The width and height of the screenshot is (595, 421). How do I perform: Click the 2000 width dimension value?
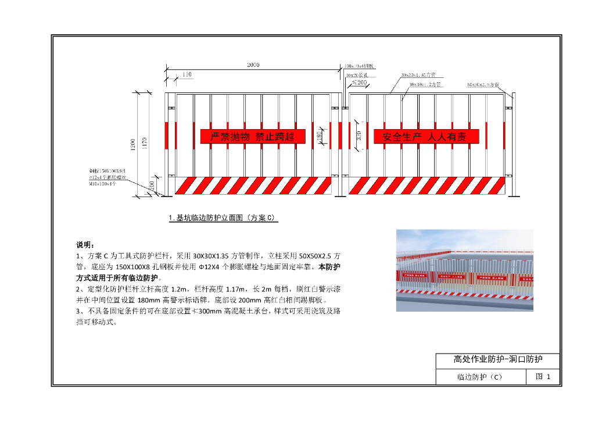point(253,65)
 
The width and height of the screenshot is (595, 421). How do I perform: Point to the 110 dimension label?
point(187,74)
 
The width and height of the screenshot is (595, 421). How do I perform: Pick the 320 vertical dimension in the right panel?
point(359,136)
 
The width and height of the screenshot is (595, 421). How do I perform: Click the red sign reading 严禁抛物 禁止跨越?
point(253,137)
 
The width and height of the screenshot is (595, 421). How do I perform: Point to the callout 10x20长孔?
point(360,75)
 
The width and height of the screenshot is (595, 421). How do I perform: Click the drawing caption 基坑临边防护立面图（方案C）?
point(223,218)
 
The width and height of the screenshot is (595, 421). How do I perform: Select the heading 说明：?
point(85,244)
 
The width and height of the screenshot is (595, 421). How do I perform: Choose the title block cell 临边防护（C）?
point(480,377)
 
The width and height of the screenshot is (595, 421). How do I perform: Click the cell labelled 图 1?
point(543,377)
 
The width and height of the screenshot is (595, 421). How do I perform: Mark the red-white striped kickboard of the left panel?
point(253,186)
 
